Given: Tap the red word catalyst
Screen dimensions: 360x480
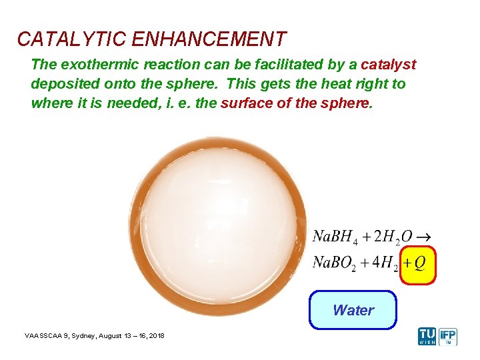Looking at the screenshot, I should [388, 65].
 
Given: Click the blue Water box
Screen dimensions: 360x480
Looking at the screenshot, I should [353, 310].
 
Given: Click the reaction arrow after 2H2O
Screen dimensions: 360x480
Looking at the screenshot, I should [423, 237].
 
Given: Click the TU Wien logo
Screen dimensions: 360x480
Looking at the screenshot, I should [427, 336].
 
